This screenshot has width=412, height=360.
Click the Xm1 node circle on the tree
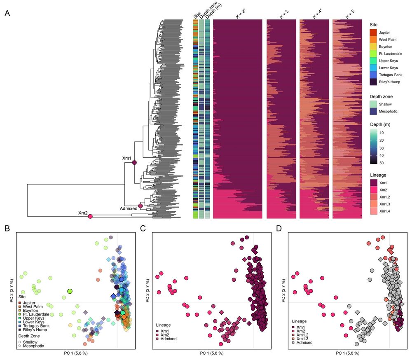point(134,163)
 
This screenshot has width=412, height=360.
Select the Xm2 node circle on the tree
point(90,216)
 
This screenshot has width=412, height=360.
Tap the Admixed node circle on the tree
point(140,206)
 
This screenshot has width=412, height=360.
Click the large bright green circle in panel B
point(70,291)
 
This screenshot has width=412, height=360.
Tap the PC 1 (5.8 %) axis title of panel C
point(212,353)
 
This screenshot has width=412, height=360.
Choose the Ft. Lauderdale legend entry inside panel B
point(33,314)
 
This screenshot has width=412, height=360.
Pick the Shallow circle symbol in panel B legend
point(20,341)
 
